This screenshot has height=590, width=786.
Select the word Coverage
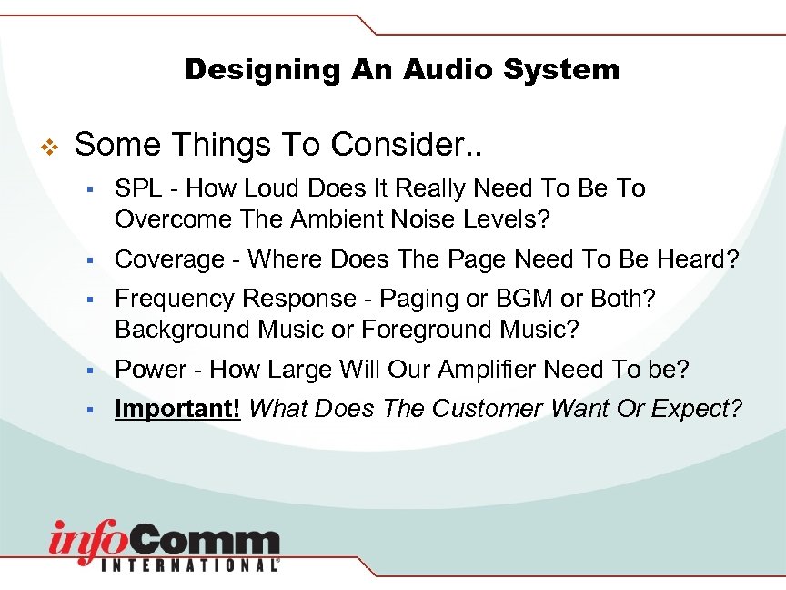pyautogui.click(x=169, y=259)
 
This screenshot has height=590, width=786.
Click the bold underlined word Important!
pyautogui.click(x=177, y=409)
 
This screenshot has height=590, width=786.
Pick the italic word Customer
pyautogui.click(x=489, y=409)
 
